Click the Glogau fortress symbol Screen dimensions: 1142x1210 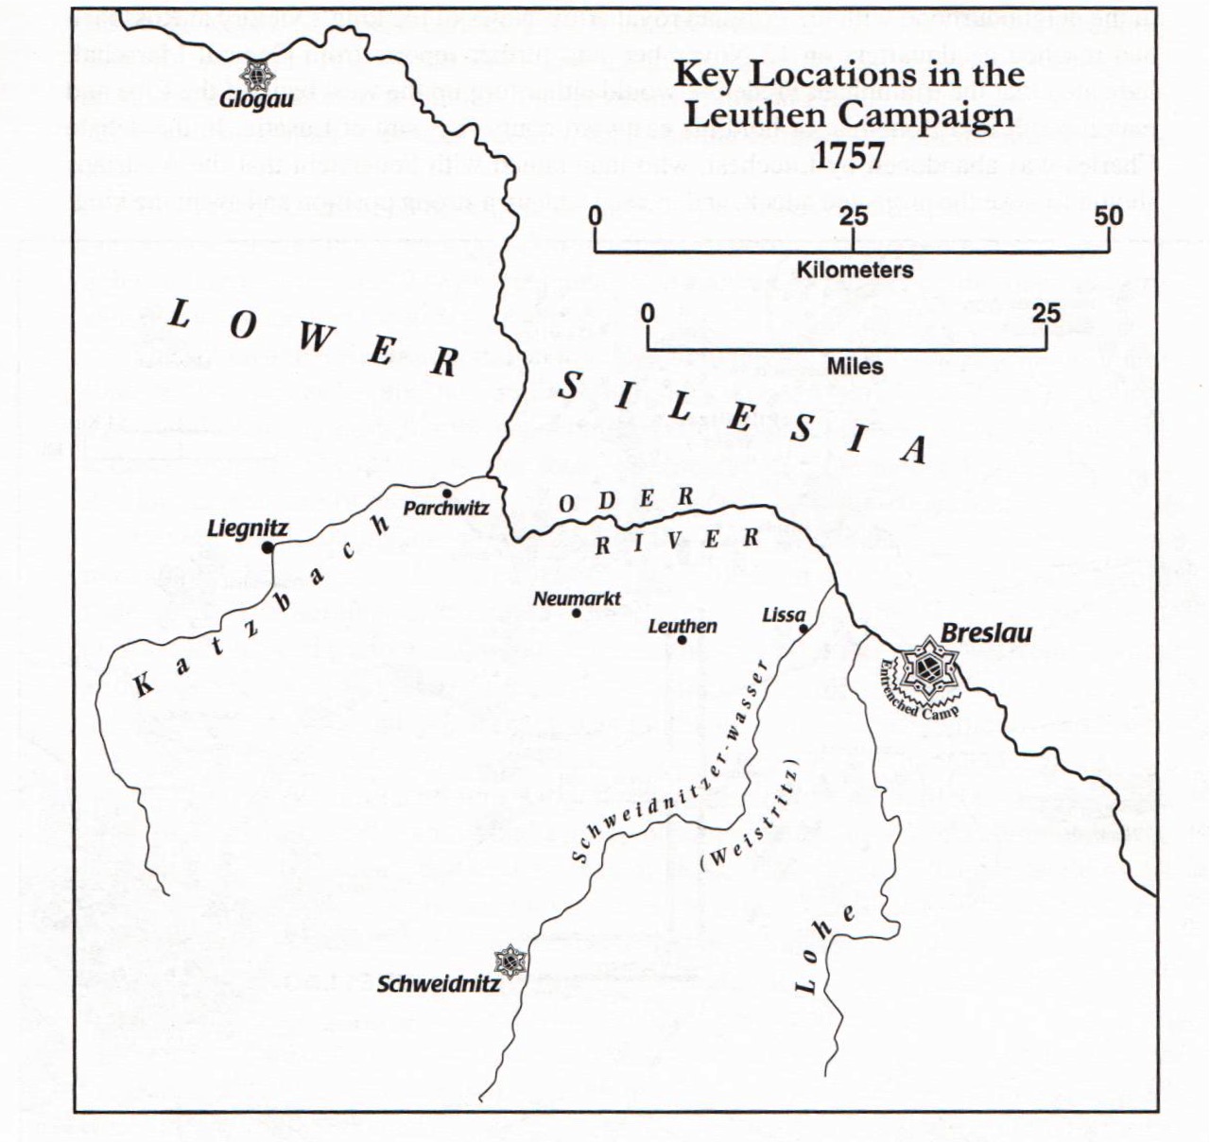[255, 75]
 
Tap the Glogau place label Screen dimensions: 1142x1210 [256, 98]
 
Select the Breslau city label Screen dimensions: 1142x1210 [986, 633]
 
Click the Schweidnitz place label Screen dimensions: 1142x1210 [438, 984]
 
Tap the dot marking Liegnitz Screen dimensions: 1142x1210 [268, 547]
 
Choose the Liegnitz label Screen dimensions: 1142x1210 [247, 528]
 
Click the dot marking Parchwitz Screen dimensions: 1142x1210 [446, 492]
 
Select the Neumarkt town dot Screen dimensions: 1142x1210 [576, 613]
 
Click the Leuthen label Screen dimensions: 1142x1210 [683, 626]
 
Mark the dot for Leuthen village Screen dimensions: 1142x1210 [682, 640]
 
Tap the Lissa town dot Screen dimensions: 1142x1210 [803, 629]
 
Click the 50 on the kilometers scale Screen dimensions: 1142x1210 [1109, 216]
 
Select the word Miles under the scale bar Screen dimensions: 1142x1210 [855, 366]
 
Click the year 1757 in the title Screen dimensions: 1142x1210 [850, 155]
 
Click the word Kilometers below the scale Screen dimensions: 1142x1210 [855, 269]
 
